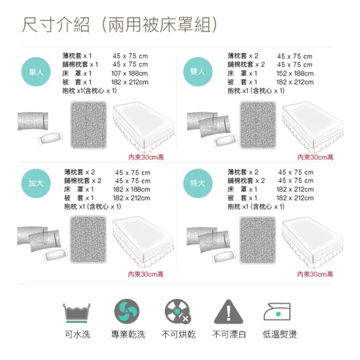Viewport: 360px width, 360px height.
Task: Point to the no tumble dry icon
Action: [x=178, y=312]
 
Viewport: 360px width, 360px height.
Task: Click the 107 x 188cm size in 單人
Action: [x=130, y=73]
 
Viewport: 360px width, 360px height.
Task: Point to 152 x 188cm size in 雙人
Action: [x=295, y=73]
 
